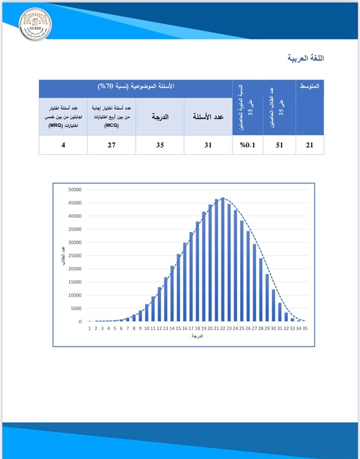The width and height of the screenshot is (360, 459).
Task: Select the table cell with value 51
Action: click(279, 145)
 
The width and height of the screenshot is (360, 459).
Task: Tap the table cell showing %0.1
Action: click(248, 145)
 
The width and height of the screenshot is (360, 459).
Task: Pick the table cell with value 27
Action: click(111, 145)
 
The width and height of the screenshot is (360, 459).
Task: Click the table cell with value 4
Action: click(62, 145)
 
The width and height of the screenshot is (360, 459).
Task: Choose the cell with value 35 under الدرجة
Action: click(159, 145)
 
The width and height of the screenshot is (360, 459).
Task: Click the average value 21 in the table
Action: click(309, 145)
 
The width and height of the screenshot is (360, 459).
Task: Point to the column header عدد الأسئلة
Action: click(208, 116)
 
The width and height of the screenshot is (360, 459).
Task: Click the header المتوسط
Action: click(310, 86)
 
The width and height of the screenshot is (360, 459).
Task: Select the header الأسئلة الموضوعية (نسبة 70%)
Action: click(135, 86)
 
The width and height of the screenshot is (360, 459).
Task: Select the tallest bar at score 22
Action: click(222, 260)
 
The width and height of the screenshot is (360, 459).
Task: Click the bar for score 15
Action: click(178, 288)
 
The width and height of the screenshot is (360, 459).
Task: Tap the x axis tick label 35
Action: click(306, 328)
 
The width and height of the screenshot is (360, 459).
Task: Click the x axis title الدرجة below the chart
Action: click(198, 336)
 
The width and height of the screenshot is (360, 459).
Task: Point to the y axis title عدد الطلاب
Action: click(62, 255)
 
